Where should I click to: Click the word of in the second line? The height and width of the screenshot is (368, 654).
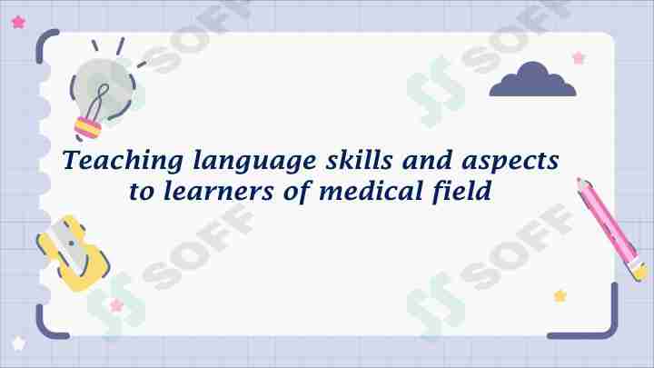click(x=293, y=192)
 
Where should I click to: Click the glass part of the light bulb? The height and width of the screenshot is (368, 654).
click(x=107, y=84)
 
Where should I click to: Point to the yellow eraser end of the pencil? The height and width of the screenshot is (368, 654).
click(x=639, y=270)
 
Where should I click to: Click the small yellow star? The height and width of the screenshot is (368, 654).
click(x=560, y=295)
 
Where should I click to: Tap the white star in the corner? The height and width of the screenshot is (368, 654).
click(x=18, y=343)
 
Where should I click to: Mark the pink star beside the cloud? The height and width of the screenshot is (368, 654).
click(x=579, y=57)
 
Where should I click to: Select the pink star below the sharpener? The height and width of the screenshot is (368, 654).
click(x=116, y=305)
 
